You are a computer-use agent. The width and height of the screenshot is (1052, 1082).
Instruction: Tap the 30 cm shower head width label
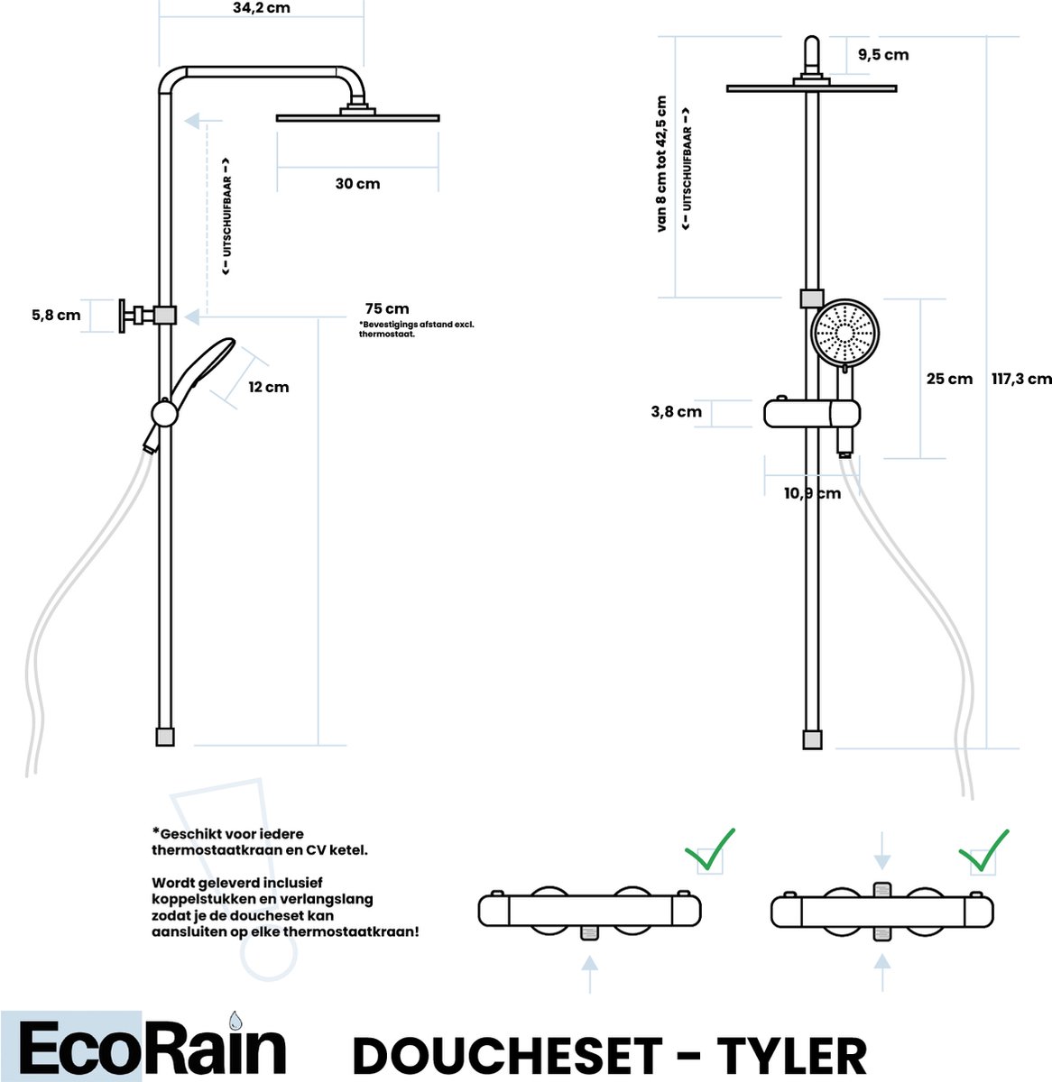(x=357, y=183)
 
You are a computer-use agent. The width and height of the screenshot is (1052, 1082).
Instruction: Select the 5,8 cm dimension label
(x=56, y=316)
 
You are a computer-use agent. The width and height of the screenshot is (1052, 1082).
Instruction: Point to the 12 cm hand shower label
(x=269, y=387)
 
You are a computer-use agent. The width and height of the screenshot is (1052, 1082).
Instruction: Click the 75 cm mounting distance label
(x=387, y=308)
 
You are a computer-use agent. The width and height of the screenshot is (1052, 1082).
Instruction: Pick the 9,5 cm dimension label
(x=883, y=55)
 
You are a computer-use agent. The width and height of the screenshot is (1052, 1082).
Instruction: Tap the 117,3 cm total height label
(x=1021, y=380)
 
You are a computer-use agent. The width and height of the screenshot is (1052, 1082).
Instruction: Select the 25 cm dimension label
(x=949, y=380)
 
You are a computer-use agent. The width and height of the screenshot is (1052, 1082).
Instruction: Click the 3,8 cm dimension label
(x=677, y=412)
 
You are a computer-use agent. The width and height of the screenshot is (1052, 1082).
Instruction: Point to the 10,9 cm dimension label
(x=812, y=494)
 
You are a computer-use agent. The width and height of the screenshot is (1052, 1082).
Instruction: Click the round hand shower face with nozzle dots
(x=844, y=333)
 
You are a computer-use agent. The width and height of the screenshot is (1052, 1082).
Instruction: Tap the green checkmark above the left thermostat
(x=710, y=850)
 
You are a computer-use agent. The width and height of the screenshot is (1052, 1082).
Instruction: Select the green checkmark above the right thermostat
(x=984, y=851)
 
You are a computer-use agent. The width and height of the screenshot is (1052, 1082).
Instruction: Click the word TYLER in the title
(x=791, y=1056)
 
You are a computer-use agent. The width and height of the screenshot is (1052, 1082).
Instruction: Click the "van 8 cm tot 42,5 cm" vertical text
(x=661, y=164)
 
